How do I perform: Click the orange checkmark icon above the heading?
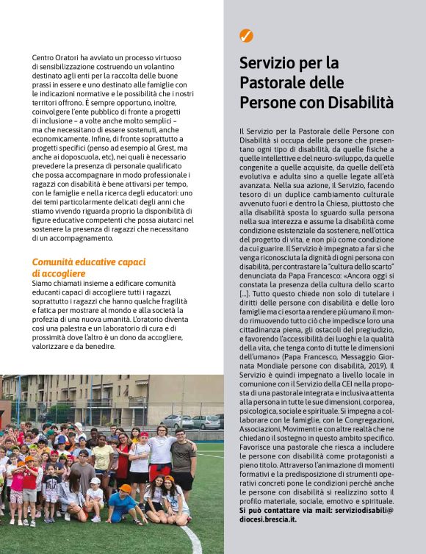click(247, 35)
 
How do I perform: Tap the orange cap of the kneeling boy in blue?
click(125, 488)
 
